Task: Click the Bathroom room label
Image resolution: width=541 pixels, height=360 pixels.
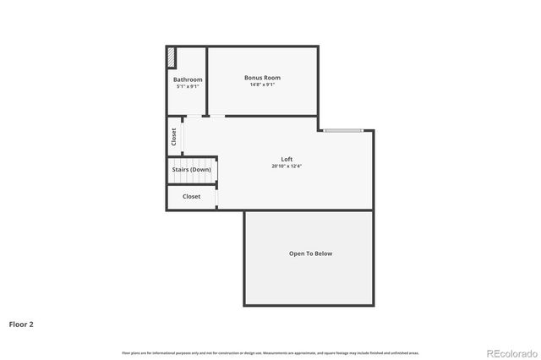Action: pos(188,79)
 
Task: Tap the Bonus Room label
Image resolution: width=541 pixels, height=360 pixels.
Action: pos(262,78)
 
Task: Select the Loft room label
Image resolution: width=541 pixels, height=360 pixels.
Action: pos(287,159)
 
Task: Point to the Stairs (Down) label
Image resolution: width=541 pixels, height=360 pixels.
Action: pos(192,170)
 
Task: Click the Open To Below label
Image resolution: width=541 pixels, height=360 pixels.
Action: pos(310,254)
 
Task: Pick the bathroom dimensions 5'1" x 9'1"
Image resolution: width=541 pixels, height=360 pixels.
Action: pos(188,86)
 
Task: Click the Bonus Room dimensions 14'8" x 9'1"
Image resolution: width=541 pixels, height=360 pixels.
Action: pos(262,85)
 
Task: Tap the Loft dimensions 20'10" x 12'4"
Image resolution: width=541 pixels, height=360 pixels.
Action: pos(287,166)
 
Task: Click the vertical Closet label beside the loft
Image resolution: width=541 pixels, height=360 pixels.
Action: pos(174,136)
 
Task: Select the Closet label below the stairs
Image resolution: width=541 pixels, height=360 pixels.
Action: pos(192,196)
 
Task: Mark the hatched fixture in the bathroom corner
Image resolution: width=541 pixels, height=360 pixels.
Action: pos(172,57)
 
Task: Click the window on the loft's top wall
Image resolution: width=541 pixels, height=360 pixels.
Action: pos(343,130)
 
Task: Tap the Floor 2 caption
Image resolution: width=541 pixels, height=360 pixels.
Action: pos(21,324)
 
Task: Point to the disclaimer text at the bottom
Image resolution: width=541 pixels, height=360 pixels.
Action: pos(270,352)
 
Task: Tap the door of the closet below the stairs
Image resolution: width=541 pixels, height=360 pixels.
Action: pos(217,198)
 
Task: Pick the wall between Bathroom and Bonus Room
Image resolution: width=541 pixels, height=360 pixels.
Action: pos(207,80)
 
